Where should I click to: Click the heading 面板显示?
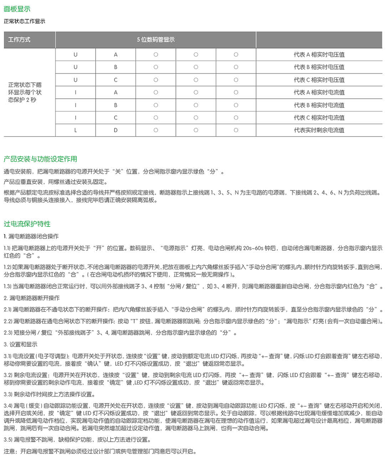[17, 9]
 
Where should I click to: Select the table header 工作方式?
[19, 40]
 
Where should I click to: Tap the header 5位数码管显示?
[155, 40]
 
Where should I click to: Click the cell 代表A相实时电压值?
[319, 55]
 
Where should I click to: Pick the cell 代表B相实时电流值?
[319, 105]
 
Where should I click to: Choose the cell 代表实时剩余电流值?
[319, 130]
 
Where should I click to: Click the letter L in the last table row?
[76, 130]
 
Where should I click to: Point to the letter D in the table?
[116, 130]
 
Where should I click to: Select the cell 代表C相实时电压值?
[319, 80]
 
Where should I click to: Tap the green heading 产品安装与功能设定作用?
[40, 159]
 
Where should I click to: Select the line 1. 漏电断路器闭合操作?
[31, 237]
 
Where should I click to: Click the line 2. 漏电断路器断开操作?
[31, 298]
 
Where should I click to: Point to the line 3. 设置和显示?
[20, 345]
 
